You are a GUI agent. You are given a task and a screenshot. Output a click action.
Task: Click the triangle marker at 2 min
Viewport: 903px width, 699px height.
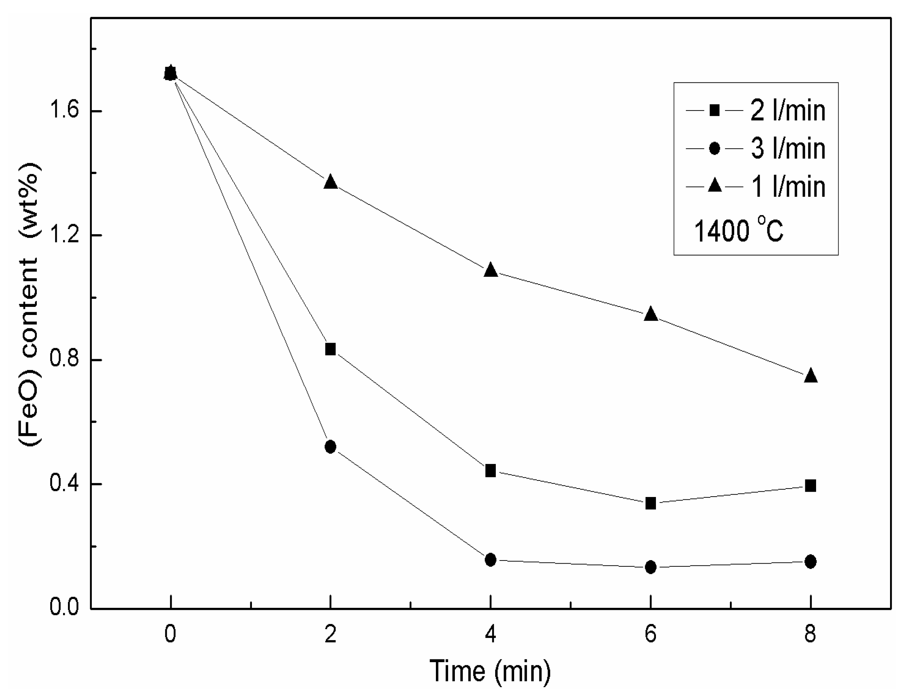click(330, 182)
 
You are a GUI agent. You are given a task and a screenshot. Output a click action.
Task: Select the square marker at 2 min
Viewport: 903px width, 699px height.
click(330, 349)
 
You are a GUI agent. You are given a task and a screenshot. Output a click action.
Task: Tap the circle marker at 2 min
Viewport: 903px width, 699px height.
click(330, 447)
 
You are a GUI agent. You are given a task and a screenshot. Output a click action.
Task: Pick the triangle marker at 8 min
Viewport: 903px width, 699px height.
click(811, 376)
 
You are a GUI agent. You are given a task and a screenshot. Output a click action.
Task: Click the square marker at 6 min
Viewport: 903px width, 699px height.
click(651, 504)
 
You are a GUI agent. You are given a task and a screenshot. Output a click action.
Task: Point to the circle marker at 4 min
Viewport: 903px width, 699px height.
click(490, 560)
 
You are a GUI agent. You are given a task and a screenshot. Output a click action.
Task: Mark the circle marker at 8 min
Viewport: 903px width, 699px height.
click(811, 562)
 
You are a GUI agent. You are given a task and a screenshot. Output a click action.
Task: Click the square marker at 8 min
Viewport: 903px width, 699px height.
click(811, 486)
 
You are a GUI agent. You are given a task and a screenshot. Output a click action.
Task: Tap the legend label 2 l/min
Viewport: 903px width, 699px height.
click(788, 110)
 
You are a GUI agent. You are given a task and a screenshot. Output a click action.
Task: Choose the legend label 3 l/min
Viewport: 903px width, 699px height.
click(788, 149)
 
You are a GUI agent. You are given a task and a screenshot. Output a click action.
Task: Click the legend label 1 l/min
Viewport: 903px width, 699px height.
click(788, 187)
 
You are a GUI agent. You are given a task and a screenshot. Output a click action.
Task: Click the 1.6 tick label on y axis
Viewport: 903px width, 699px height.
click(64, 111)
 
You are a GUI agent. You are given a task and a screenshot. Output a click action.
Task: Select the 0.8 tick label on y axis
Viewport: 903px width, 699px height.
click(64, 359)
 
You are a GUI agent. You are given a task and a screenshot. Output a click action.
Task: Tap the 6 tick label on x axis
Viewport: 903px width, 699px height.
click(650, 634)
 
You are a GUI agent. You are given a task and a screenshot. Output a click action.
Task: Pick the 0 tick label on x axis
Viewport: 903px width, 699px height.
click(170, 634)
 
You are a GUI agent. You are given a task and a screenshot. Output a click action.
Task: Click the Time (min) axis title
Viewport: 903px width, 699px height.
click(490, 671)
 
